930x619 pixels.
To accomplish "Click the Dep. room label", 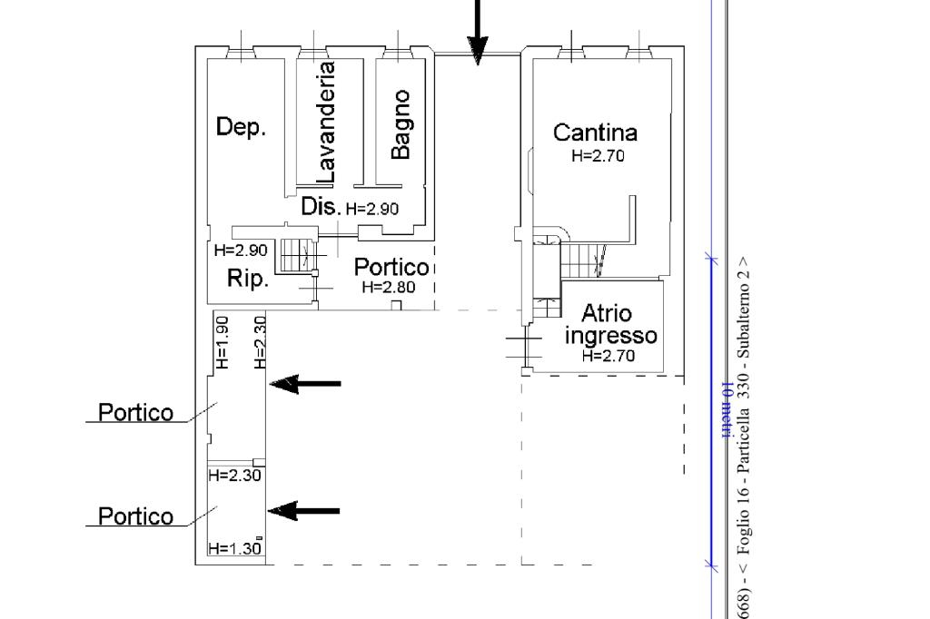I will tap(241, 127).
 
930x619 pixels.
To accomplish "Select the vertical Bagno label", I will tap(400, 124).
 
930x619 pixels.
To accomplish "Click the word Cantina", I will tap(595, 133).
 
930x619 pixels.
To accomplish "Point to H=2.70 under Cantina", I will tap(598, 155).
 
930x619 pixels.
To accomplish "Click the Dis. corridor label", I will tap(320, 206).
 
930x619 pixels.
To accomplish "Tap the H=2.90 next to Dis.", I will tap(371, 209).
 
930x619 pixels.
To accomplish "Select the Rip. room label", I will tap(247, 279).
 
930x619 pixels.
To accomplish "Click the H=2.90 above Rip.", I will tap(241, 251).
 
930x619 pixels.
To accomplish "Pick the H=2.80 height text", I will tap(388, 287).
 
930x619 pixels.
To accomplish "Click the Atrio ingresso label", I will tap(609, 324).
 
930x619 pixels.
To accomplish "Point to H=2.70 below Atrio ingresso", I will tap(608, 355).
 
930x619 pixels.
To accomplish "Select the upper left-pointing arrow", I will tap(306, 384).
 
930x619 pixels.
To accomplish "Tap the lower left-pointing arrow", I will tap(305, 512).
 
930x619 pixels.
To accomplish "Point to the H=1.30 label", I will tap(233, 548).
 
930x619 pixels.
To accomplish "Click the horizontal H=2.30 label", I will tap(234, 474).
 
